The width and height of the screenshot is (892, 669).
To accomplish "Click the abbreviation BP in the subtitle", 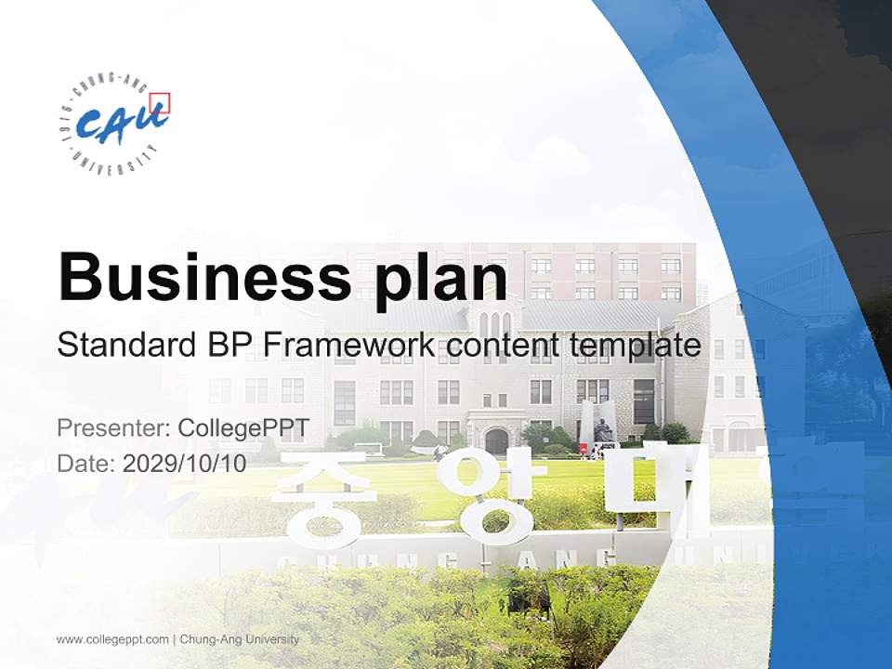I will pos(228,347).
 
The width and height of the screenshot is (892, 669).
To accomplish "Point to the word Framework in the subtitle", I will pos(348,347).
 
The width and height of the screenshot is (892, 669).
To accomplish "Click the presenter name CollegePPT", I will pos(243,428).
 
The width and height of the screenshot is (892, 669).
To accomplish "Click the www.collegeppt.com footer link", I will pos(112,639).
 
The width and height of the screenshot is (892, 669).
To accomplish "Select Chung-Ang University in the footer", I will pos(240,639).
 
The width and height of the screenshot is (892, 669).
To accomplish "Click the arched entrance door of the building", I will pos(497,440).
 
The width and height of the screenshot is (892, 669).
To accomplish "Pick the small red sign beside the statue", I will pos(583,448).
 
